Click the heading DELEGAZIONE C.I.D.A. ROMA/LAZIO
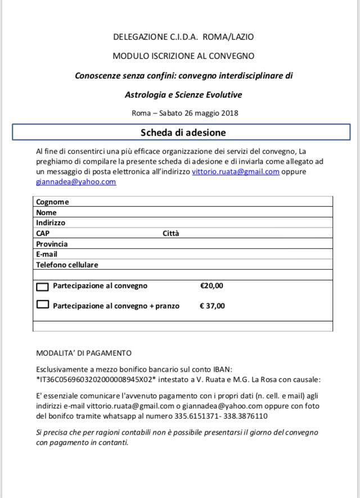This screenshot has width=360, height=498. [x=183, y=37]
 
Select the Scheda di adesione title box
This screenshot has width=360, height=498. [x=183, y=133]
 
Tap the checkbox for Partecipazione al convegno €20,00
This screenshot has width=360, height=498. [x=43, y=286]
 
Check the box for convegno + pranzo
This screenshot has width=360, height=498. [x=43, y=305]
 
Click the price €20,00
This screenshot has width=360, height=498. [x=211, y=286]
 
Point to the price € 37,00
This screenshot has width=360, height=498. [x=212, y=306]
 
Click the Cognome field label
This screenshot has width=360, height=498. [x=52, y=202]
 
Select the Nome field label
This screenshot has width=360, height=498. [x=46, y=212]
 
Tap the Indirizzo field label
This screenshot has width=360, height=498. [x=51, y=223]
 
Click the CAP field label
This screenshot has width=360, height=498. [x=43, y=233]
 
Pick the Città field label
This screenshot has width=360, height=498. [x=171, y=233]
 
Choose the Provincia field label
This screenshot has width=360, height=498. [x=52, y=244]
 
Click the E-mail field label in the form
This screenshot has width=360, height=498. [x=47, y=254]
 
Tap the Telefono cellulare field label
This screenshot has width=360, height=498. [x=67, y=265]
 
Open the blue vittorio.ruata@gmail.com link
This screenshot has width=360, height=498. [x=236, y=171]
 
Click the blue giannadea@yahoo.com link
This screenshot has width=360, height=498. [x=76, y=182]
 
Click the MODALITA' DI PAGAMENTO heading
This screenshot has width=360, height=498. [x=84, y=353]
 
